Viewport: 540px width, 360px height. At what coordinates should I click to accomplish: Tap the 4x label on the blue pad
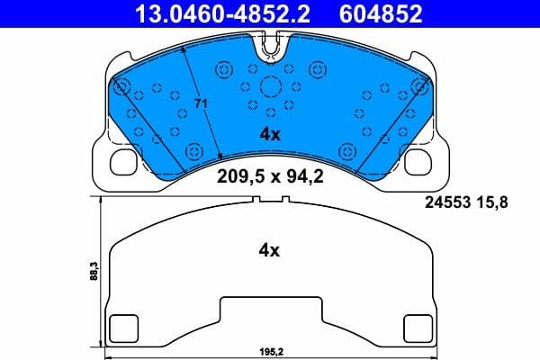270,134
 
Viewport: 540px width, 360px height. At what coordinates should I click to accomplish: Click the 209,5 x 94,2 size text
270,176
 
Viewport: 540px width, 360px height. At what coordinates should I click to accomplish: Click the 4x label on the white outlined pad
270,251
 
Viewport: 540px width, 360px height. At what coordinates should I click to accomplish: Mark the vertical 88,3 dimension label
94,272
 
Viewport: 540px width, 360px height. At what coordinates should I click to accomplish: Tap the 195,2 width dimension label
270,353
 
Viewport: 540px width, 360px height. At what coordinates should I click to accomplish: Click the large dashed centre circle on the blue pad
270,87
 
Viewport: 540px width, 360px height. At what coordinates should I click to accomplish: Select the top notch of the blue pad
270,52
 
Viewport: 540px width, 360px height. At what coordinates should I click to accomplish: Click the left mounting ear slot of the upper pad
121,162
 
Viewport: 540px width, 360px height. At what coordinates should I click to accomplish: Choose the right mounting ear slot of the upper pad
419,162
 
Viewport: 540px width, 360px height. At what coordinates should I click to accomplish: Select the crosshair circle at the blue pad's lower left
192,149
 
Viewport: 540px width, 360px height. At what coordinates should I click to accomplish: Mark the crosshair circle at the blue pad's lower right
348,149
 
